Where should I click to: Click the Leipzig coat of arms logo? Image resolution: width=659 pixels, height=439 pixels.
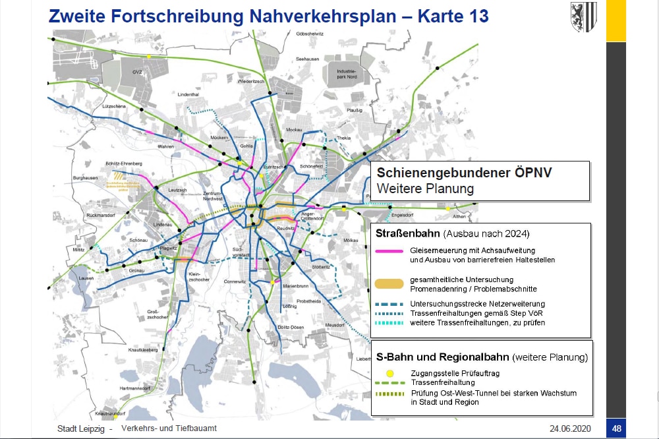point(583,14)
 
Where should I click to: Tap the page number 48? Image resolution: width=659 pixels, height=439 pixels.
point(616,428)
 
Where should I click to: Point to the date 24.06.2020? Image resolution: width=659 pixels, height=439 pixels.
point(571,428)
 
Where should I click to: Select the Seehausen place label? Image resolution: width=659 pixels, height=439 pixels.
point(308,59)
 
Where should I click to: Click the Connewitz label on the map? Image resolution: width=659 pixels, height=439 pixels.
point(235,281)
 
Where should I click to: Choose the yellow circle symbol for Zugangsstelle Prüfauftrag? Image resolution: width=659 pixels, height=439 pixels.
point(391,373)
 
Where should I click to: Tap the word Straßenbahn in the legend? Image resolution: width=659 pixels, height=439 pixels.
point(408,234)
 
